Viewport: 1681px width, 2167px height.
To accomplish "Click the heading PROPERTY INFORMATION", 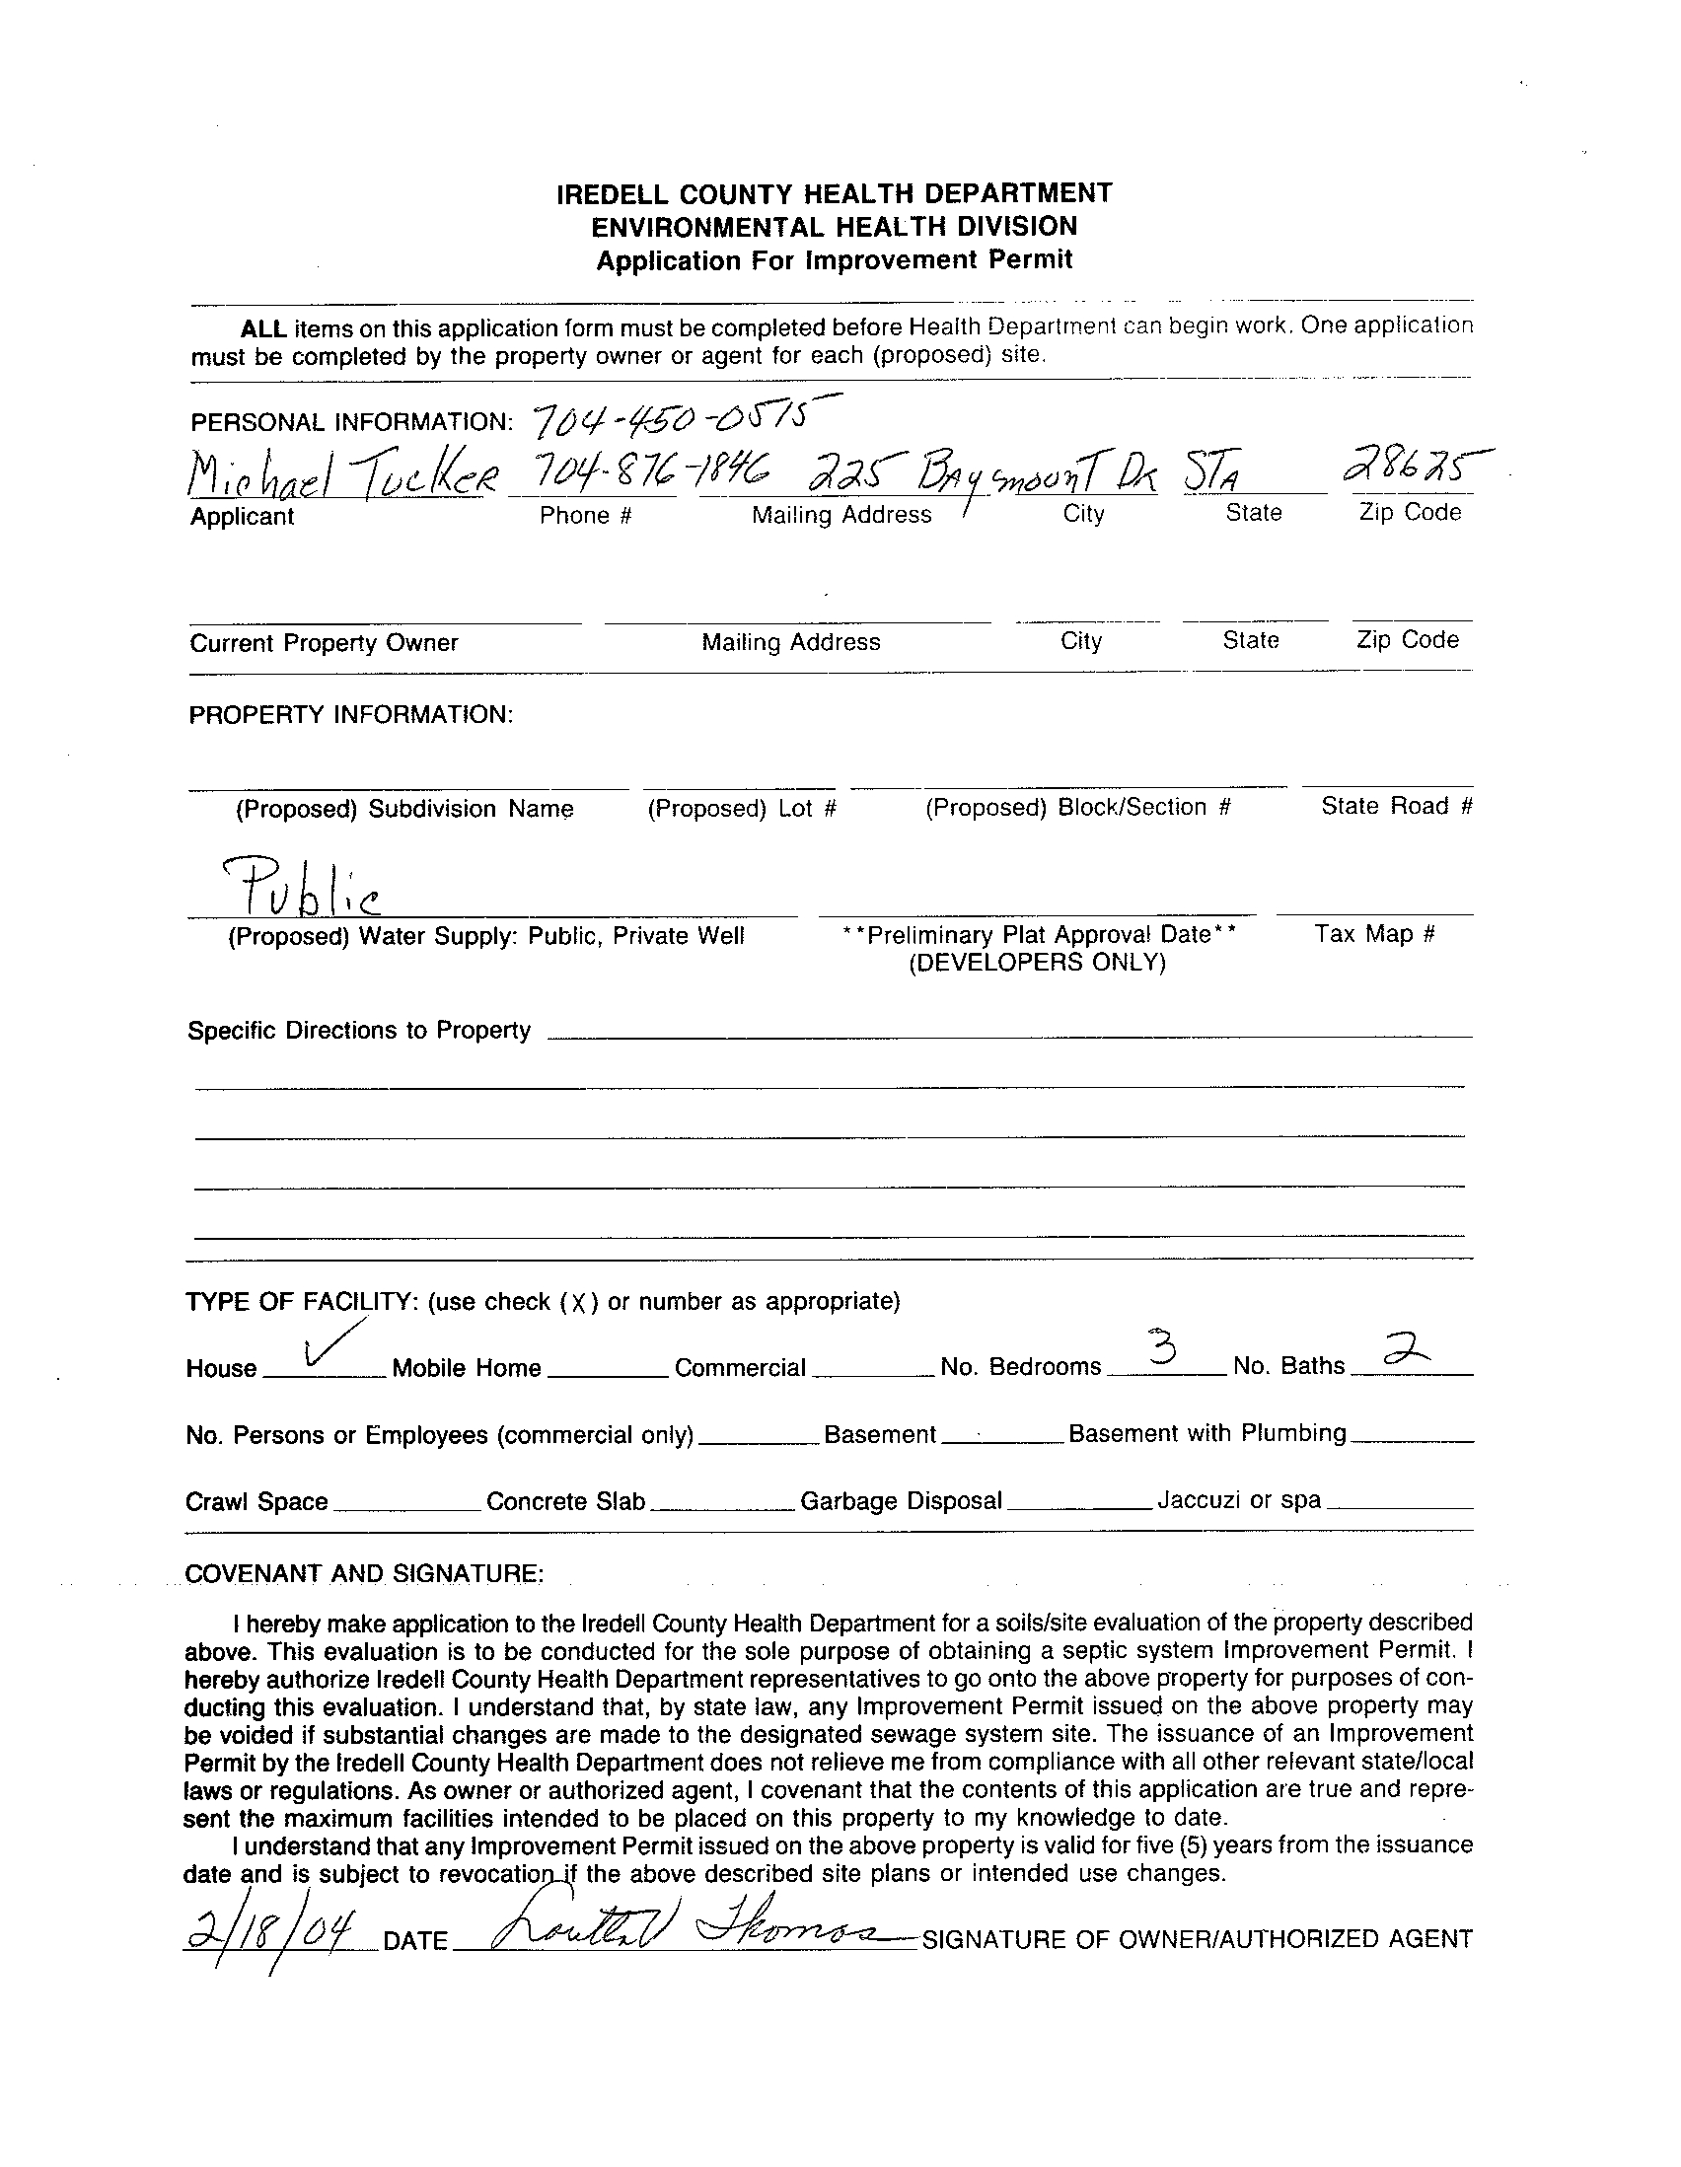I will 351,715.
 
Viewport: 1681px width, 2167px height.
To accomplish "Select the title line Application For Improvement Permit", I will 834,261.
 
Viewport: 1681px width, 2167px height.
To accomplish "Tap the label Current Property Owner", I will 324,643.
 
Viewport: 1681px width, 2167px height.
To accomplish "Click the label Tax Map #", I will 1374,934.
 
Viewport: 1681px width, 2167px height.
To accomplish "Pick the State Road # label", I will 1396,807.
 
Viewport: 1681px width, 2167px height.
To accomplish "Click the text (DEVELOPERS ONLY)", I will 1037,963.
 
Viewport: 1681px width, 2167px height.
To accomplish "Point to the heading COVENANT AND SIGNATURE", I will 363,1573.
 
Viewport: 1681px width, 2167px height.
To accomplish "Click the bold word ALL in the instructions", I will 263,329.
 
